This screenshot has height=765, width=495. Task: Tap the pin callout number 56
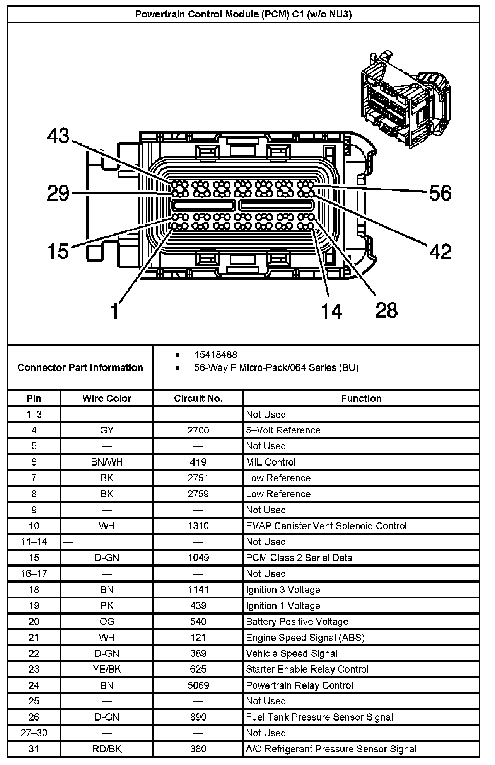click(440, 193)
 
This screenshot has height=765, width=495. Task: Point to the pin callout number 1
click(114, 311)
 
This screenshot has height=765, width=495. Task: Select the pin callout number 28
click(386, 310)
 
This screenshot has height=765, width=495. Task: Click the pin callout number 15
click(58, 251)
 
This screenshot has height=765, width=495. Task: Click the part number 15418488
click(215, 355)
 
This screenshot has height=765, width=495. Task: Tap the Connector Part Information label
click(80, 367)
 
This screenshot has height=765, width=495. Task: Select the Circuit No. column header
click(198, 398)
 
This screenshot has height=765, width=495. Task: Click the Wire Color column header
click(107, 398)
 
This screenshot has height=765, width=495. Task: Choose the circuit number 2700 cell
click(198, 430)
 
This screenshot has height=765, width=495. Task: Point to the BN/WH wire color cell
click(107, 462)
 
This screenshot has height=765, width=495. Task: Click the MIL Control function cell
click(271, 462)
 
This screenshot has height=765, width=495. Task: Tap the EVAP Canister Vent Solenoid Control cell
click(326, 526)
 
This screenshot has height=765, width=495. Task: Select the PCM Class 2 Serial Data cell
click(299, 558)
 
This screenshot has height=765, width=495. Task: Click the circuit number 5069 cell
click(198, 685)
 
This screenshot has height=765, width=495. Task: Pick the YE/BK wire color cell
click(107, 669)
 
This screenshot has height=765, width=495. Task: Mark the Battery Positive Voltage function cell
click(297, 621)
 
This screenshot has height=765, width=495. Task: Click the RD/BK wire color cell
click(107, 749)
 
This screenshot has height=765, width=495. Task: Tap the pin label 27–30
click(34, 733)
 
